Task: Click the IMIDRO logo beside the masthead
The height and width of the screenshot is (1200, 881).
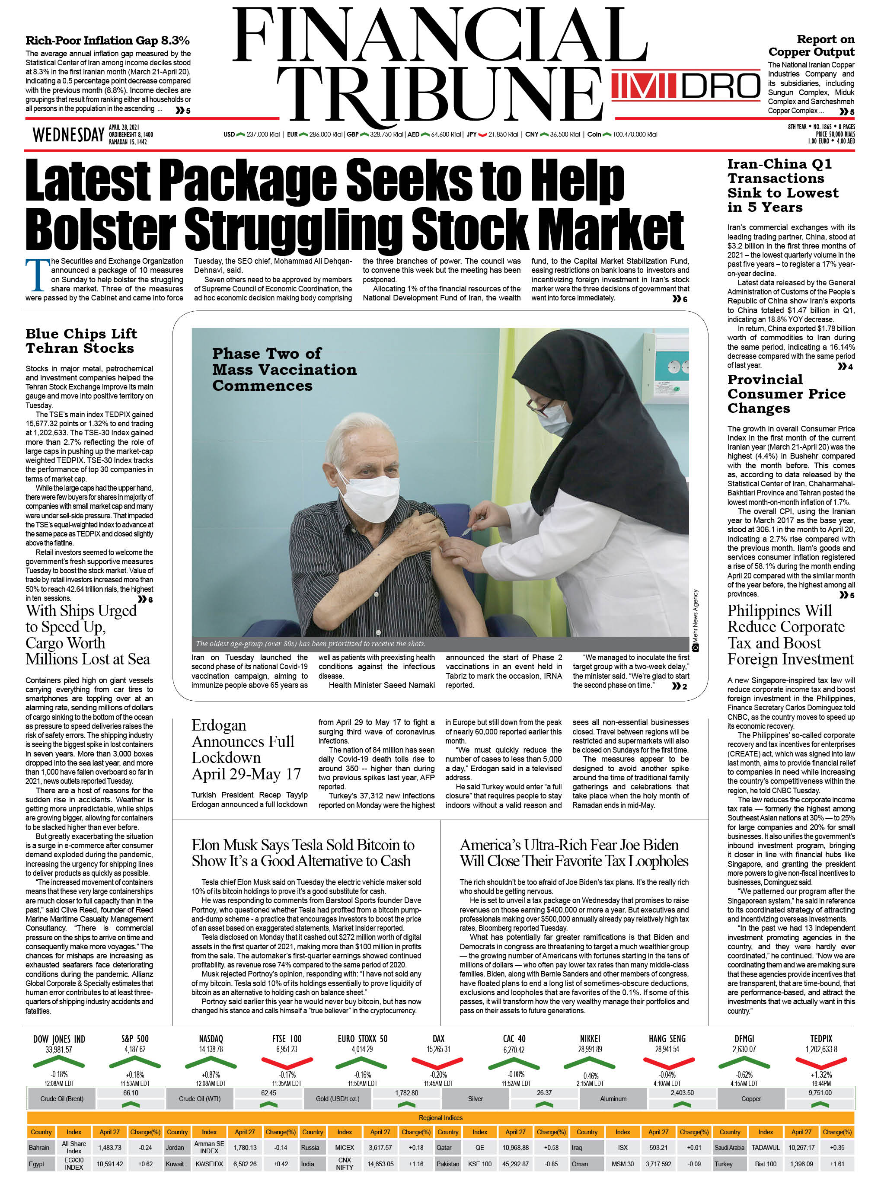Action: [685, 86]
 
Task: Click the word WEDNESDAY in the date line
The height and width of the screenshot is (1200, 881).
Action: [68, 135]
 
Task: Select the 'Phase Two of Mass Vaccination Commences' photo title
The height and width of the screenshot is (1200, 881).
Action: [284, 369]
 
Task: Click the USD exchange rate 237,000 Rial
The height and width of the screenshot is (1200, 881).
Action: [263, 134]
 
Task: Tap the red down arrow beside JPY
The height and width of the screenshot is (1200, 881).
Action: [483, 134]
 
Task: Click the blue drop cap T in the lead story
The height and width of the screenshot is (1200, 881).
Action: [37, 275]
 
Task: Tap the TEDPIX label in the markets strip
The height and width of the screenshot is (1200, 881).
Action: [821, 1038]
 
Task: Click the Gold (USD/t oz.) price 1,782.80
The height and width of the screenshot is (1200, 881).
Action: [406, 1093]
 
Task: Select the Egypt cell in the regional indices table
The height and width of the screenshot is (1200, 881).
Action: [37, 1164]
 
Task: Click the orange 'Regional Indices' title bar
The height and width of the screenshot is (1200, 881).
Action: [440, 1117]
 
